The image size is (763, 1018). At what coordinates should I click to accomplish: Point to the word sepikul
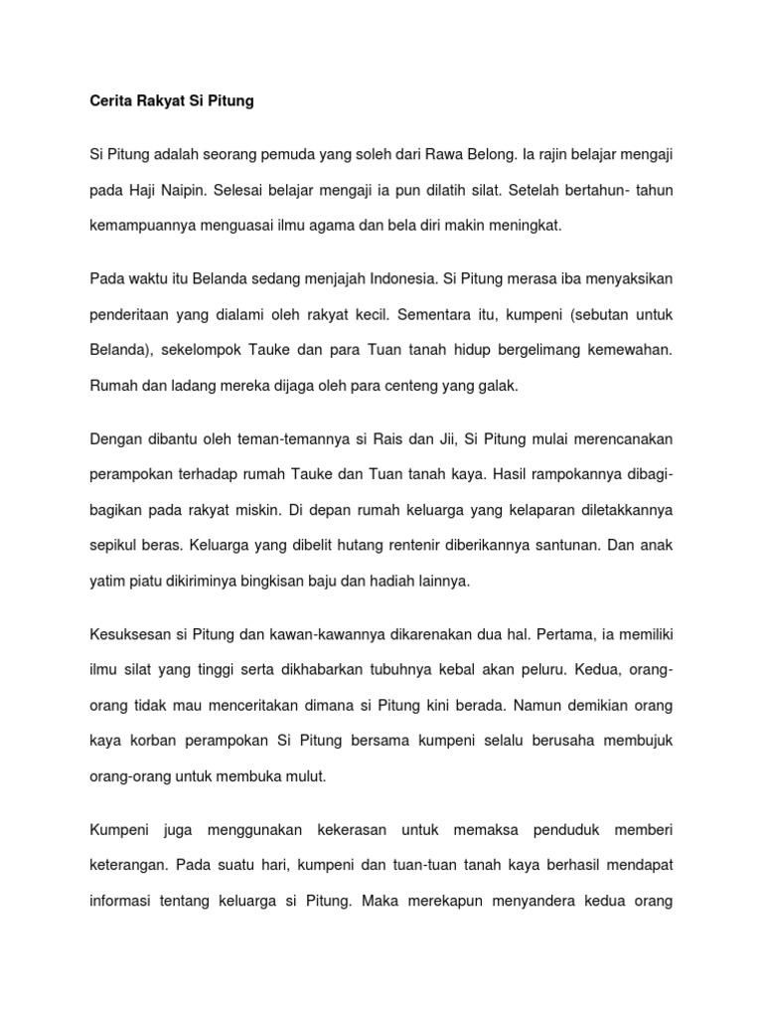click(115, 546)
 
